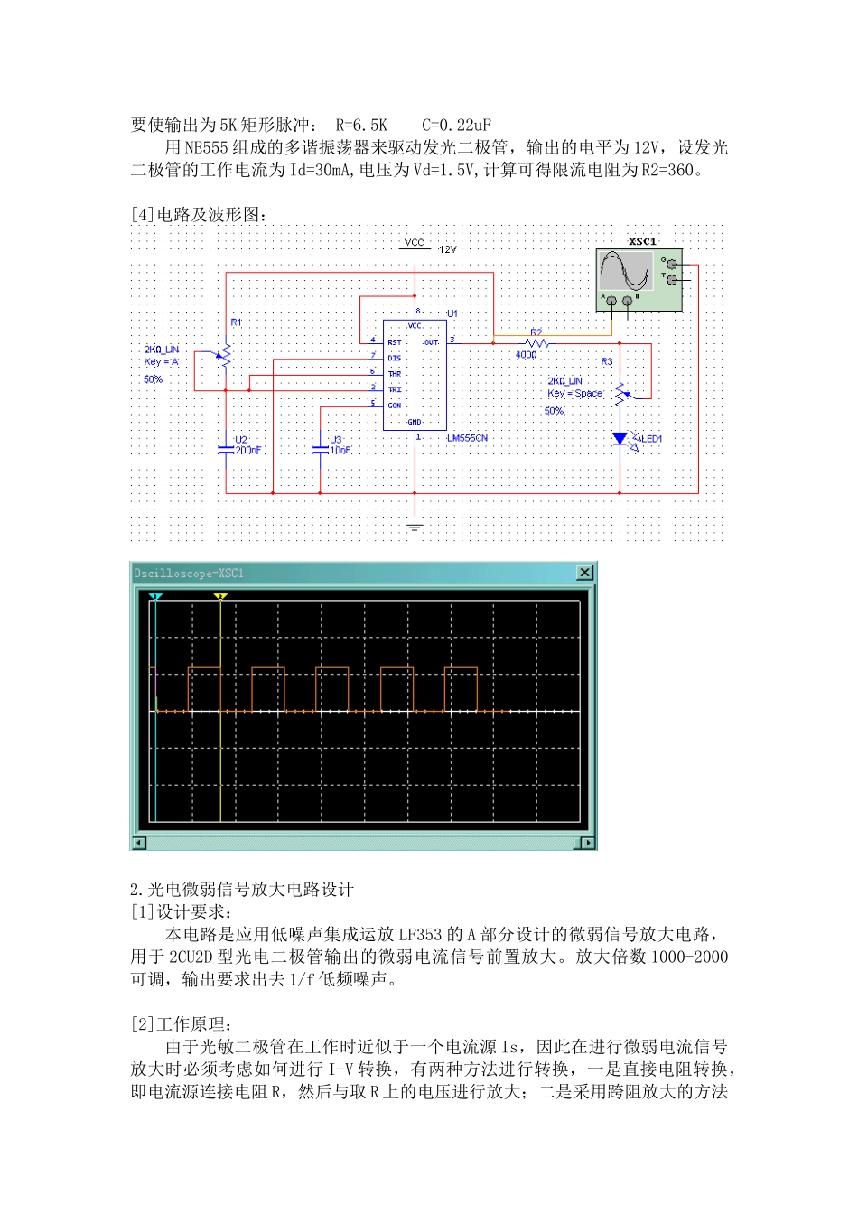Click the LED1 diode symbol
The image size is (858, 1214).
point(620,438)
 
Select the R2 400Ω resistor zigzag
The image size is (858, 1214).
point(536,343)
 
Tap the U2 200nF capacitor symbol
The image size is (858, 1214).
point(226,450)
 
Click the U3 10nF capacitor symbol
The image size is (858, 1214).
point(321,450)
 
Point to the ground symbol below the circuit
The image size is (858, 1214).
point(415,527)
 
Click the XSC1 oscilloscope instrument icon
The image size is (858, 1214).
point(639,280)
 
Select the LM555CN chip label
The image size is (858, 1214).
point(467,438)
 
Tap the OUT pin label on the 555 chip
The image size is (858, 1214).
point(432,342)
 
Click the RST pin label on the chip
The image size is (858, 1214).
point(395,342)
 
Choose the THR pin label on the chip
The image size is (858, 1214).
point(395,374)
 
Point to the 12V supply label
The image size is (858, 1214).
point(448,249)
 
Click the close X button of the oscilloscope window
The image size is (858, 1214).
point(585,573)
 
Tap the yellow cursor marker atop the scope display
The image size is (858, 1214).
point(220,597)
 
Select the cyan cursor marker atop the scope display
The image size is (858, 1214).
point(155,597)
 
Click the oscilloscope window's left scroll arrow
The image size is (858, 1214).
point(139,843)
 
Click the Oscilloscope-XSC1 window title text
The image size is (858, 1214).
point(189,573)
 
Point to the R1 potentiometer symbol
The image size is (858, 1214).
point(224,356)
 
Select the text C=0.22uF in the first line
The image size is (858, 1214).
point(456,126)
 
